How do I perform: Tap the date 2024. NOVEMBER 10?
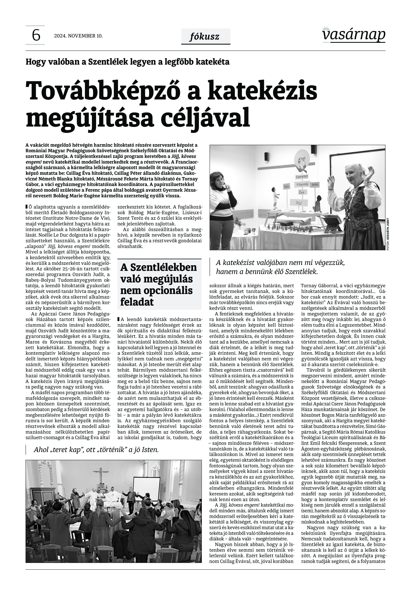click(78, 36)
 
